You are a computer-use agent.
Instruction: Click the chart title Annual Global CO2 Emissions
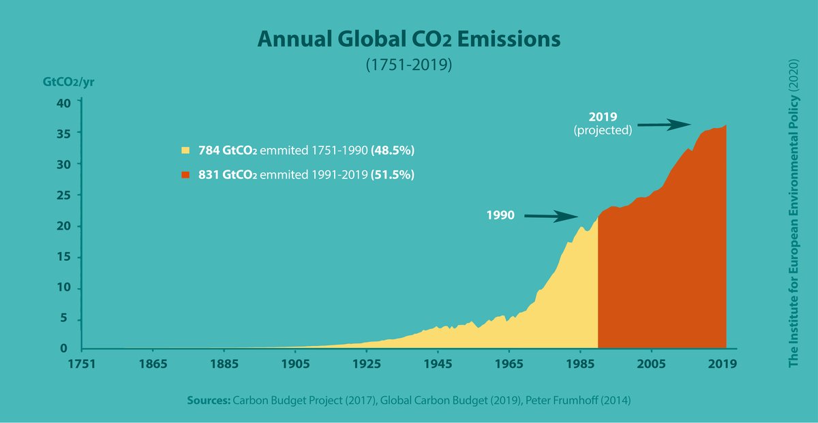point(408,40)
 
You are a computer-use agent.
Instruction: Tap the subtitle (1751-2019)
point(408,66)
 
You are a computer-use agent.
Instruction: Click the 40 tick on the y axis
point(63,103)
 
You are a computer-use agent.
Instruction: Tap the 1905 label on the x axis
point(294,364)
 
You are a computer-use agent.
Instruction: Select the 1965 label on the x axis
point(508,364)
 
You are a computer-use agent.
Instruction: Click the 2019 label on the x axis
point(722,364)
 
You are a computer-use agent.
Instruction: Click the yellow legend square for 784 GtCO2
point(185,149)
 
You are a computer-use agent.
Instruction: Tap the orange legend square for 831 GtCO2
point(185,175)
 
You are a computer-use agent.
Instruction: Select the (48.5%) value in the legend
point(393,149)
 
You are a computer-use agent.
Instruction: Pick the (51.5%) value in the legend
point(392,175)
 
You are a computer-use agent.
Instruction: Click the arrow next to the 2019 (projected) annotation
point(665,125)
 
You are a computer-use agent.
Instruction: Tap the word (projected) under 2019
point(603,129)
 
